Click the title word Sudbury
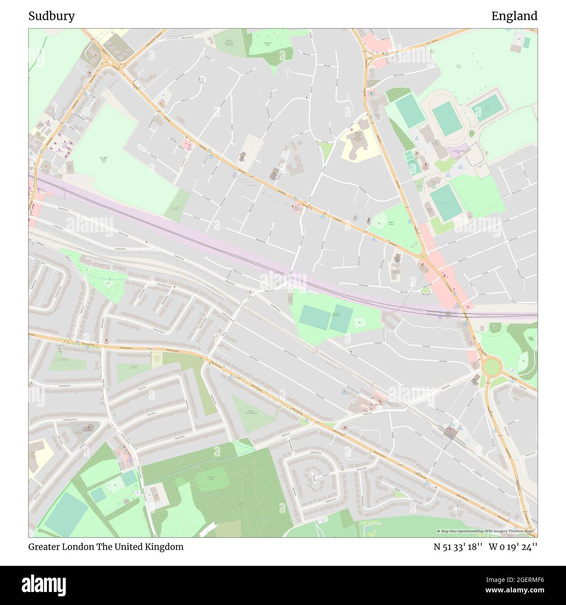[x=51, y=16]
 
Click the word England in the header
[x=514, y=16]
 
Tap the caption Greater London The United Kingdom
[x=106, y=547]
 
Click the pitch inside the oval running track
[x=447, y=120]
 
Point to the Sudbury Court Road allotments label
[x=229, y=43]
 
